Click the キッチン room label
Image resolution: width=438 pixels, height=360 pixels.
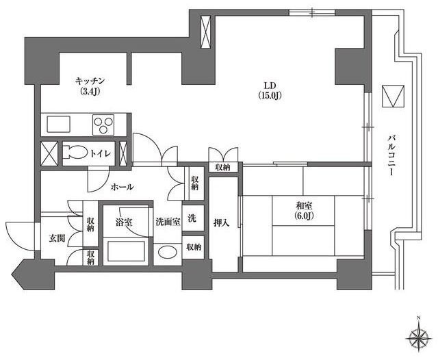tap(90, 81)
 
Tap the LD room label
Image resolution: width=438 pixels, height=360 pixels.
tap(270, 85)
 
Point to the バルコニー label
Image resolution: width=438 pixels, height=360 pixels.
tap(392, 155)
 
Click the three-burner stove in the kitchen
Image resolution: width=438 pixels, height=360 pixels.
tap(103, 125)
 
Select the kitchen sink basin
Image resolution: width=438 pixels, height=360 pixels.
tap(58, 125)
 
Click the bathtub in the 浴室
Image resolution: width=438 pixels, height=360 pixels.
tap(126, 251)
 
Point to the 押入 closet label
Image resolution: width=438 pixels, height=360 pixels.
tap(222, 222)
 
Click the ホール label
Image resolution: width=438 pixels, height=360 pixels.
tap(122, 187)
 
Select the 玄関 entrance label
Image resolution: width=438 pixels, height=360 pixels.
tap(57, 238)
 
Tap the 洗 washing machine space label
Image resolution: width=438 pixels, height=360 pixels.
tap(192, 218)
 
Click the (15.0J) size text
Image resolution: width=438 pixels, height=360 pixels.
tap(270, 95)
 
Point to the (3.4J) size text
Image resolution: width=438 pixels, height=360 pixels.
tap(90, 91)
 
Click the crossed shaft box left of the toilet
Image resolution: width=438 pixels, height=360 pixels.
tap(49, 153)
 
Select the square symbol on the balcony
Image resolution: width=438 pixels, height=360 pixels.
tap(393, 96)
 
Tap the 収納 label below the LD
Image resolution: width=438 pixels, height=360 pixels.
tap(222, 167)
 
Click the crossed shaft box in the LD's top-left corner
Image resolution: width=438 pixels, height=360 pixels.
tap(206, 32)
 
